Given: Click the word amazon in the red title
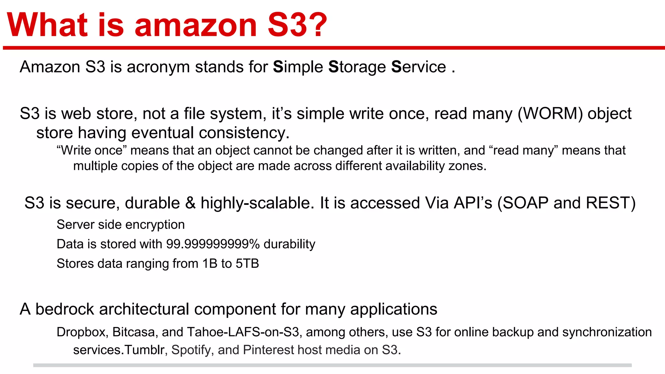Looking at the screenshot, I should [x=196, y=26].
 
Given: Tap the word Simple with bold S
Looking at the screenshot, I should [x=298, y=67].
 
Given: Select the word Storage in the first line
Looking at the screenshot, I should [x=357, y=67].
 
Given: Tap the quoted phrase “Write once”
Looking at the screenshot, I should [x=91, y=151].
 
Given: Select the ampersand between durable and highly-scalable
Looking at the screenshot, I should [x=190, y=203].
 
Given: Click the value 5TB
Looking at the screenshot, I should [x=247, y=264].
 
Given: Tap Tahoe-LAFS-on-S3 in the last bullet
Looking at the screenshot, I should [x=243, y=332].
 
